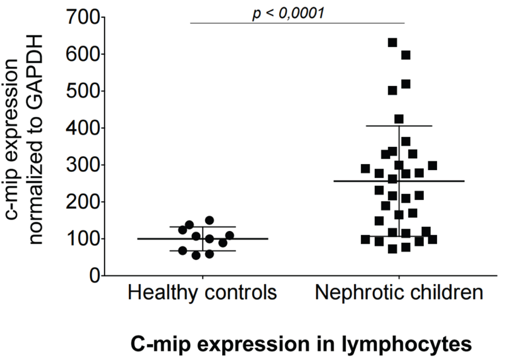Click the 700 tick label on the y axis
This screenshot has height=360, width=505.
[x=82, y=18]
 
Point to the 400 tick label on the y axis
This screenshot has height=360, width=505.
[x=82, y=128]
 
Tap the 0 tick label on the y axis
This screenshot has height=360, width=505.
[x=95, y=276]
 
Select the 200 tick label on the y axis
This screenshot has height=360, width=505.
[x=82, y=202]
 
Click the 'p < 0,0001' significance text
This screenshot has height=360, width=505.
[x=288, y=13]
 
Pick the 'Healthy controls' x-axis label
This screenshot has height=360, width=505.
[x=202, y=292]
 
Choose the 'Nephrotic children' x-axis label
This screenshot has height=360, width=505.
[x=399, y=292]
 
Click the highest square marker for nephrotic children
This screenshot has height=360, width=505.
[x=392, y=42]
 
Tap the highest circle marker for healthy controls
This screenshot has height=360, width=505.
[x=209, y=220]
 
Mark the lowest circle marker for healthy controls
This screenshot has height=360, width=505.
[x=196, y=256]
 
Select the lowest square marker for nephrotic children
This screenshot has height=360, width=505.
[x=392, y=249]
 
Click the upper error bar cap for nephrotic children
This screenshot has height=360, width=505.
[x=399, y=126]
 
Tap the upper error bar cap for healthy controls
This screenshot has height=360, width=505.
[x=203, y=227]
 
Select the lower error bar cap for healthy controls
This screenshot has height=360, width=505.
[x=203, y=251]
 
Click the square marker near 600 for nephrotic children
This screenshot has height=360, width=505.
[x=406, y=55]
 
